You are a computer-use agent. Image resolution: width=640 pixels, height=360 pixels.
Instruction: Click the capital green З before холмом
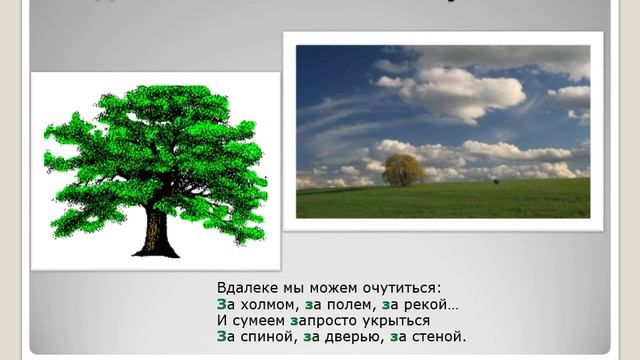pos(221,304)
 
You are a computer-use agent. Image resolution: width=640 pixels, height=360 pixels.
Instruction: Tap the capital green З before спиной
pos(221,337)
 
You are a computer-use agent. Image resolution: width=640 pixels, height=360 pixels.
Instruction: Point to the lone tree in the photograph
pos(403,170)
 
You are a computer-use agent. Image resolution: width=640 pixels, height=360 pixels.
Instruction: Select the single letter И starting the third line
pos(222,321)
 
